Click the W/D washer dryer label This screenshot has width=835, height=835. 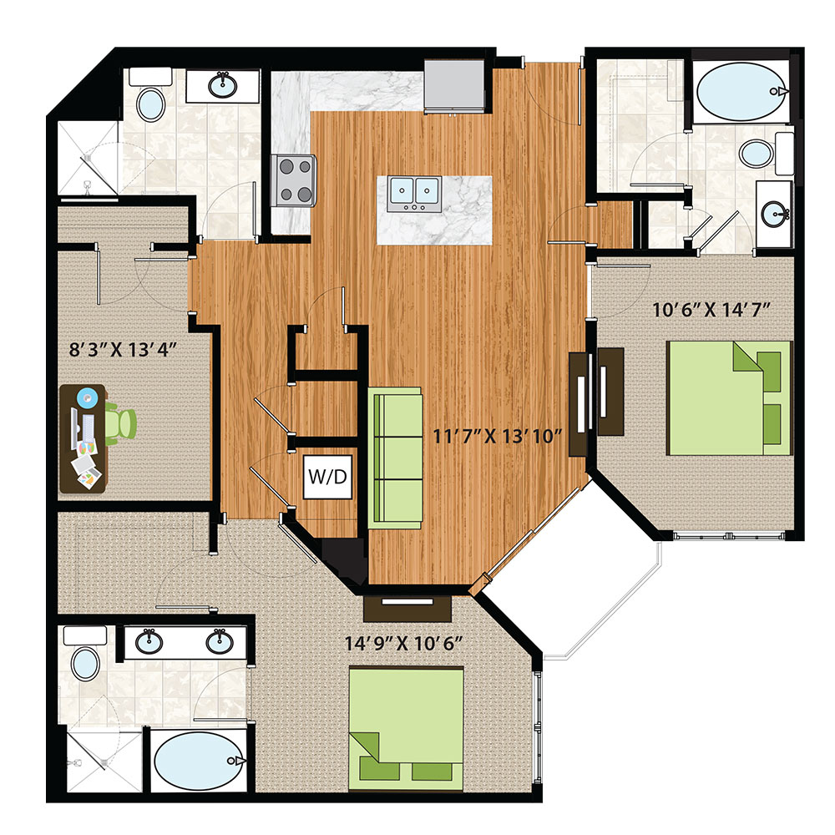pyautogui.click(x=327, y=477)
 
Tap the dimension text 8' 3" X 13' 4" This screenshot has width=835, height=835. pyautogui.click(x=123, y=350)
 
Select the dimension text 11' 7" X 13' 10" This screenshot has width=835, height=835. pyautogui.click(x=498, y=437)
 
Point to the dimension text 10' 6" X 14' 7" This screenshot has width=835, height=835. pyautogui.click(x=711, y=310)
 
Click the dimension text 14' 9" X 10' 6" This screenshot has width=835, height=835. pyautogui.click(x=403, y=643)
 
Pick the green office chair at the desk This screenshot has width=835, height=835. pyautogui.click(x=119, y=423)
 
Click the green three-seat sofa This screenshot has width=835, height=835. pyautogui.click(x=395, y=458)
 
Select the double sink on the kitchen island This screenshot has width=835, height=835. pyautogui.click(x=414, y=194)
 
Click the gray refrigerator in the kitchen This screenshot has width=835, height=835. pyautogui.click(x=454, y=86)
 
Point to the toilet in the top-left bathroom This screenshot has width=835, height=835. pyautogui.click(x=150, y=96)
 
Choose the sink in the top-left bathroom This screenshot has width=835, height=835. pyautogui.click(x=223, y=84)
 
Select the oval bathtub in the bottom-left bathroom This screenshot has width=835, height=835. pyautogui.click(x=199, y=761)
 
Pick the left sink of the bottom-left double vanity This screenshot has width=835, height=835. pyautogui.click(x=149, y=641)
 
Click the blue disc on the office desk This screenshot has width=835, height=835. pyautogui.click(x=87, y=397)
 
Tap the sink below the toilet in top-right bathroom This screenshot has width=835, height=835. pyautogui.click(x=775, y=215)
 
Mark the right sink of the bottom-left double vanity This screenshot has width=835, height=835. pyautogui.click(x=220, y=641)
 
